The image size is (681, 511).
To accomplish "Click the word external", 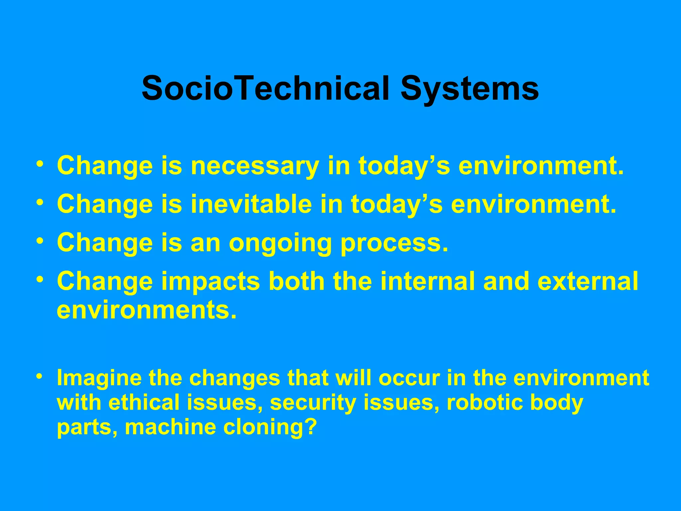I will coord(588,281).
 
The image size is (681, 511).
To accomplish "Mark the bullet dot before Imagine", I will coord(40,376).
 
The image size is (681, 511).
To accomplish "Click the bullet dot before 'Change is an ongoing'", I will coord(40,241).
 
